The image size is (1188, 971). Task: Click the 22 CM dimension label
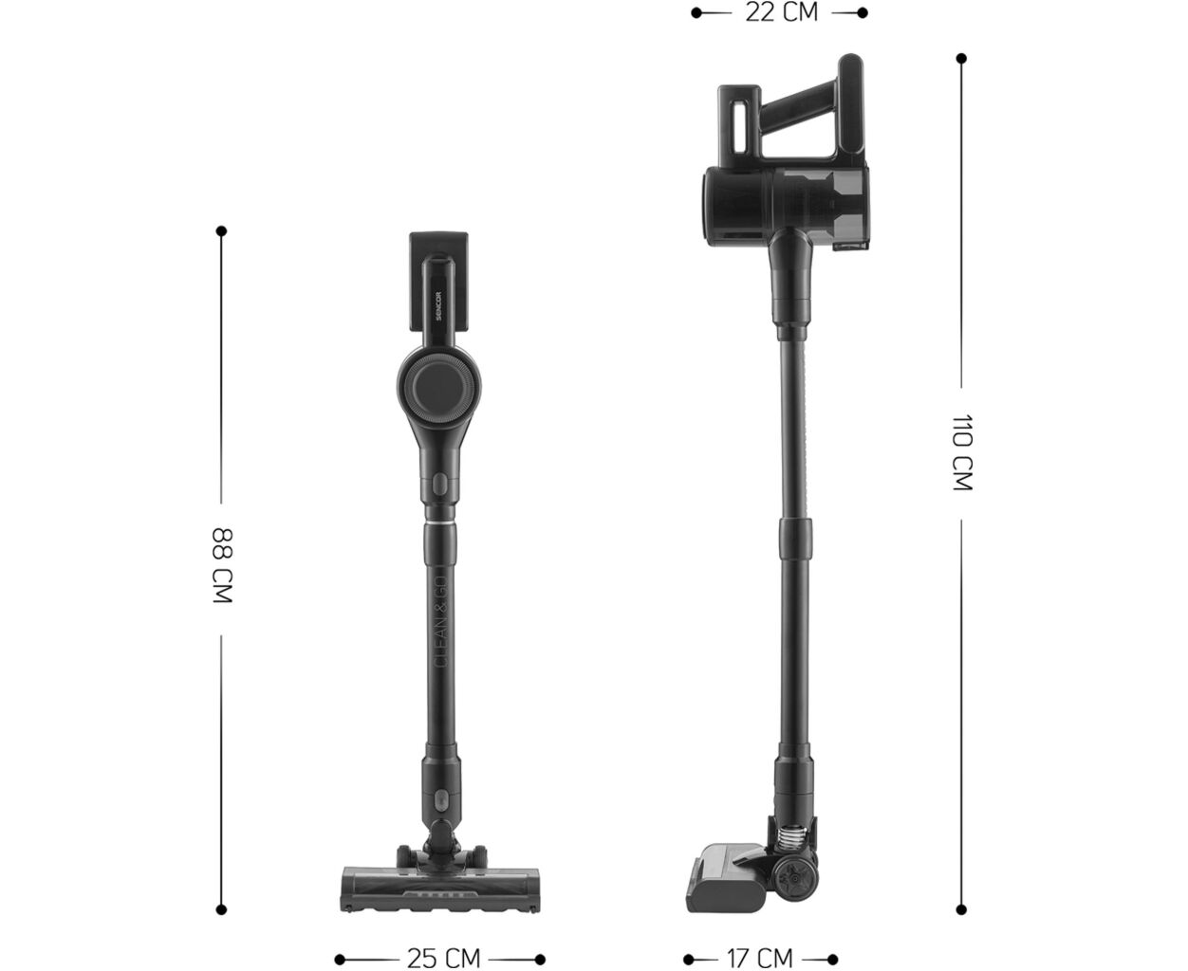tap(781, 13)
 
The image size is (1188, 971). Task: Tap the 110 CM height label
tap(962, 453)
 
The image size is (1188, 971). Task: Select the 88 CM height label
tap(222, 566)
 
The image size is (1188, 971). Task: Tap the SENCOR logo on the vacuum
tap(439, 305)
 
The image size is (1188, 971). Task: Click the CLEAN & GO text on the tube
tap(441, 621)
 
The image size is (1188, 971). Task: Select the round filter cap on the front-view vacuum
tap(439, 387)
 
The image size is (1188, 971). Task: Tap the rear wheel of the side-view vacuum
tap(793, 879)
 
